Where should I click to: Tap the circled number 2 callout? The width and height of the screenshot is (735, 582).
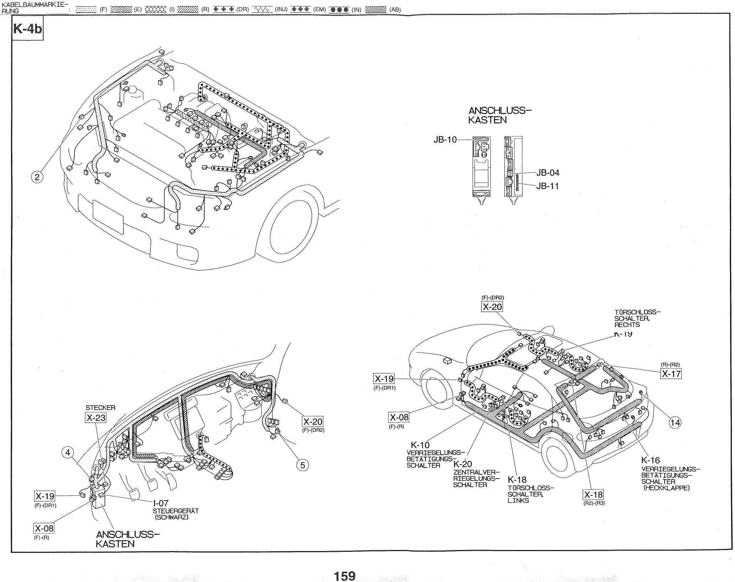point(37,177)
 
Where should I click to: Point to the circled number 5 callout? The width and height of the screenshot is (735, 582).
point(302,465)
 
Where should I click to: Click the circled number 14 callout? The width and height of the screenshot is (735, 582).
point(675,422)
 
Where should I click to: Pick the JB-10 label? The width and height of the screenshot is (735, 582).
point(445,140)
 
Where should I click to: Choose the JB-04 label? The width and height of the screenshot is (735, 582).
point(548,173)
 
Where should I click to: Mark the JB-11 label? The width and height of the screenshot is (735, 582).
point(548,186)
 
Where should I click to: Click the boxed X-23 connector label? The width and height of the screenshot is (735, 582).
point(96,417)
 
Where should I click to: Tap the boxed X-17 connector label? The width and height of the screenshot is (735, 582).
point(671,374)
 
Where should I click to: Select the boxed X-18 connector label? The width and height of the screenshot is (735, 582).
point(593,495)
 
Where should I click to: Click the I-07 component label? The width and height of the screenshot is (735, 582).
point(161,503)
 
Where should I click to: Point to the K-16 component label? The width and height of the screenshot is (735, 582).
point(650,460)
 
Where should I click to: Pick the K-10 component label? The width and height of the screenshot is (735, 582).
point(420,445)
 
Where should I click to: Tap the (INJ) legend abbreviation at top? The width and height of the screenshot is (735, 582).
point(281,10)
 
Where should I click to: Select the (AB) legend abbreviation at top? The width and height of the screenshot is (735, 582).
point(395,10)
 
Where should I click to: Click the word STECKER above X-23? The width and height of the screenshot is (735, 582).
point(100,408)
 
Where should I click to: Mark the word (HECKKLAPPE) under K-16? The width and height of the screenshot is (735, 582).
point(666,488)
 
